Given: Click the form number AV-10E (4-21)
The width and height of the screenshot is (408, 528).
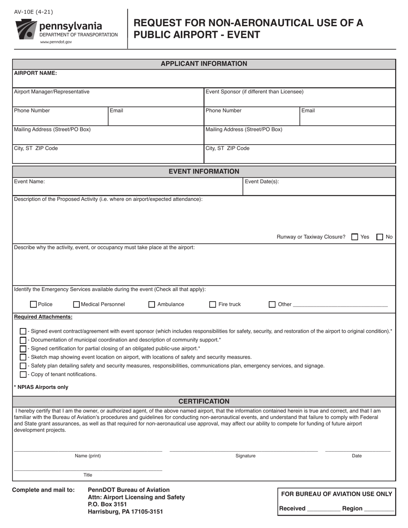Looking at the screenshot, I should (x=33, y=12).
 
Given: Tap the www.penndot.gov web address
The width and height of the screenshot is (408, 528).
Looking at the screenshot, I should (x=56, y=42).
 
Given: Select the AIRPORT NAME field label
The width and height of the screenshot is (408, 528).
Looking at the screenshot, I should (x=36, y=73).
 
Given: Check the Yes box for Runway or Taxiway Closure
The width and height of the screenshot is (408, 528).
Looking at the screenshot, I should (x=355, y=237).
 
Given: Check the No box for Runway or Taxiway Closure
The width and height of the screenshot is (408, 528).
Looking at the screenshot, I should (x=380, y=237).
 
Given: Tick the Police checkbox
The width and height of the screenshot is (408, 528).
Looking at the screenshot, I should (x=33, y=304).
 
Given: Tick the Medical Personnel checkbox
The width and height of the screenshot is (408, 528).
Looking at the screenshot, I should (x=77, y=304).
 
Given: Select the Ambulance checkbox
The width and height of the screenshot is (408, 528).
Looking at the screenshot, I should (x=152, y=304).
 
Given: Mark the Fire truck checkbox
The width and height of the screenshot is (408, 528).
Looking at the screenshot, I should (x=213, y=304).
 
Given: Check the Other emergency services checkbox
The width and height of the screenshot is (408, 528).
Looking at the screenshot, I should (x=272, y=304).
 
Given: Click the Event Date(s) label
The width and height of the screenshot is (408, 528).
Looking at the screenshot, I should (x=262, y=182).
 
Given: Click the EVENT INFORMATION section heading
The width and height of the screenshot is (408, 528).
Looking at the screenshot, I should (x=204, y=171).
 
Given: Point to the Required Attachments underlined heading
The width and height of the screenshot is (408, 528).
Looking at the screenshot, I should (x=43, y=317).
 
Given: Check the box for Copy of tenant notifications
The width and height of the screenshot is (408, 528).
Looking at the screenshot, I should (x=23, y=374).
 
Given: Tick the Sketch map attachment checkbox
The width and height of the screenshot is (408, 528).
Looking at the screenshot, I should (x=23, y=357).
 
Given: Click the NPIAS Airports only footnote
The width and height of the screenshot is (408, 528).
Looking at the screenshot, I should (x=41, y=387).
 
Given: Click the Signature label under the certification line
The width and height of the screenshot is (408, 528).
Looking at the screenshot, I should (x=245, y=456).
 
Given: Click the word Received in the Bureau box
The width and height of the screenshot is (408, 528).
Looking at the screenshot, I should (x=292, y=509).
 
